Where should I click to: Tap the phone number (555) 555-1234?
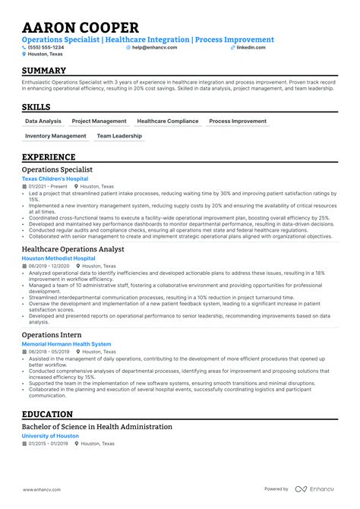48,47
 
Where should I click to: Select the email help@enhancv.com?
154,47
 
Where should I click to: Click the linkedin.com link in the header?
251,47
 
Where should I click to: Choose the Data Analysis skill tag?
43,121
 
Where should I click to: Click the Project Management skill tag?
99,121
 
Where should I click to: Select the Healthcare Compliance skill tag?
168,121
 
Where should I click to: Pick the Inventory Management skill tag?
55,136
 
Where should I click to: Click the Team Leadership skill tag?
119,136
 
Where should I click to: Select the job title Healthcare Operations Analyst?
73,249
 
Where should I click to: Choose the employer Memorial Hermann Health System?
66,344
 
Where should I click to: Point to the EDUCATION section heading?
48,415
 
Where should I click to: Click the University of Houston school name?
50,436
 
